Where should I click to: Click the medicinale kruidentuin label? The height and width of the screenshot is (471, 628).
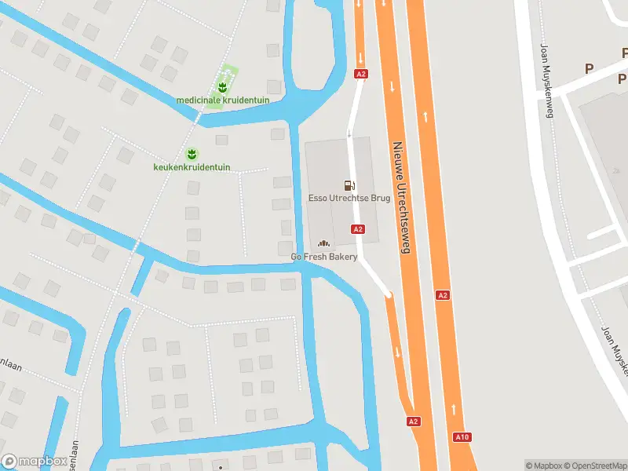[x=223, y=100]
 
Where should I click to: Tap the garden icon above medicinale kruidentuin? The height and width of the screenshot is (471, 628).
[x=222, y=85]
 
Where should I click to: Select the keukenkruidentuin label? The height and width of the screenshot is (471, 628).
[x=192, y=167]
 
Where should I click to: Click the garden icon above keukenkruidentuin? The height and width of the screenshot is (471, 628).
[x=191, y=152]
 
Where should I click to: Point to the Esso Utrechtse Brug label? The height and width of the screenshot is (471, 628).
[x=349, y=199]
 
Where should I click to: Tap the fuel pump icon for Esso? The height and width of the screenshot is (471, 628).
[x=349, y=185]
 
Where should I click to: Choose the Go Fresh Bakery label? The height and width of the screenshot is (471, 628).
[x=324, y=257]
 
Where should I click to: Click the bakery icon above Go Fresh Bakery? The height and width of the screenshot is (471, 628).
[x=323, y=243]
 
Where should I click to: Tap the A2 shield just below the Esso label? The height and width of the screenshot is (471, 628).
[x=358, y=229]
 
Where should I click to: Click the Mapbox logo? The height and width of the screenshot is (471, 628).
[x=34, y=462]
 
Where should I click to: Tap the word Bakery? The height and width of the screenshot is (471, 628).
[x=342, y=257]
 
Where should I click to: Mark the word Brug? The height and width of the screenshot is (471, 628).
[x=380, y=199]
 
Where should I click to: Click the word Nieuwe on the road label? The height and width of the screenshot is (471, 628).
[x=397, y=156]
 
